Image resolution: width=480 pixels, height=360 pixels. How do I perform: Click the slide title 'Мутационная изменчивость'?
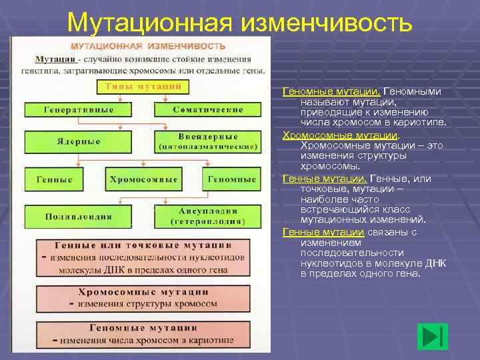pos(239,23)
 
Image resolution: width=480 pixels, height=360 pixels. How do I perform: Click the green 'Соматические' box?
pos(207,110)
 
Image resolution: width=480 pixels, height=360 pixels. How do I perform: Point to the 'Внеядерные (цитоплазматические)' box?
pos(207,141)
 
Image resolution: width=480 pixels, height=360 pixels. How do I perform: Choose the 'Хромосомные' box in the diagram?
pos(143,179)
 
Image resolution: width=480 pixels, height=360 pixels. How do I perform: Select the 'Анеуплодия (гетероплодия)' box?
pos(207,217)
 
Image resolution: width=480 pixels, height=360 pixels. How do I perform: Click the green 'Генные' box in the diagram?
pos(54,179)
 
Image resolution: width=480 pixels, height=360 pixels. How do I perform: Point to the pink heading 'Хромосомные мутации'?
pos(143,292)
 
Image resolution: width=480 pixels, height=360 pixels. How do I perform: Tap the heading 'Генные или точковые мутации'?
pos(143,245)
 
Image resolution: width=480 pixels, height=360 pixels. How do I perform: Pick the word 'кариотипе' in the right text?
pos(423,123)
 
